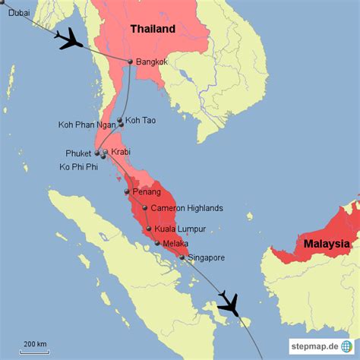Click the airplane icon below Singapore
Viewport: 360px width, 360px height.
[x=228, y=304]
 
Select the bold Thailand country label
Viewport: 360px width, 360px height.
[x=152, y=30]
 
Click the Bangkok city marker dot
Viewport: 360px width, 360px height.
[x=131, y=62]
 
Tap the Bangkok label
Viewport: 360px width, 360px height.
[x=152, y=62]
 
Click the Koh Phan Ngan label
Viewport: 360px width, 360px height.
[x=87, y=125]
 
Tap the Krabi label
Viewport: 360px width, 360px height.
[x=121, y=152]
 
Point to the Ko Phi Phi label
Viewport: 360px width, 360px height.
[x=79, y=166]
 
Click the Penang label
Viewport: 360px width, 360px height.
[x=147, y=191]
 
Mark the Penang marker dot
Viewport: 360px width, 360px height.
[x=127, y=191]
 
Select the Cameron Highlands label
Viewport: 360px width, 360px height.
[x=186, y=207]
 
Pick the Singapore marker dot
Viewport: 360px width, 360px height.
[x=182, y=257]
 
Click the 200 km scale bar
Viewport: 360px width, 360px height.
[x=34, y=349]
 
